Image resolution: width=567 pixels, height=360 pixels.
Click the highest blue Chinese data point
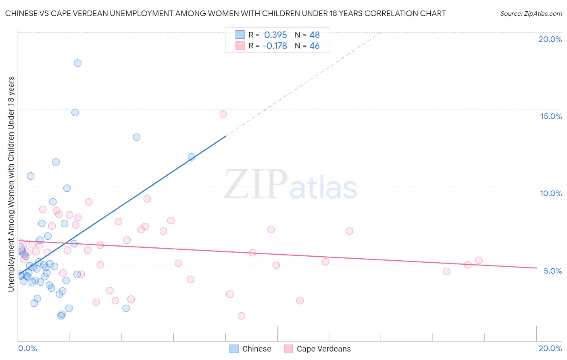pos(77,63)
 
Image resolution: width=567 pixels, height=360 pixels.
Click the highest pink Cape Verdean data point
pos(223,114)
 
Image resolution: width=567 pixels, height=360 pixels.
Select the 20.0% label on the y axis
pos(550,39)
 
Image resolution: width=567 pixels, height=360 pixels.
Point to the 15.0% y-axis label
pos(551,116)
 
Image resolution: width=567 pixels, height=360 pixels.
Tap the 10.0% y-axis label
pos(551,193)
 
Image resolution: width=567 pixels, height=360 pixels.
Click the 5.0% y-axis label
pos(552,271)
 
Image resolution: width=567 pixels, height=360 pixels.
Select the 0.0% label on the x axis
pos(27,348)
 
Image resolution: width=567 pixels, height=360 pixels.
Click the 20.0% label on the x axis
pos(550,348)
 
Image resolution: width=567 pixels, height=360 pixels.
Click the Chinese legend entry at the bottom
pos(256,349)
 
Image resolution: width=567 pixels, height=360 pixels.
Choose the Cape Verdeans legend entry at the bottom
pos(323,349)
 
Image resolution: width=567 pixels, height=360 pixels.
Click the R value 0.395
pos(275,35)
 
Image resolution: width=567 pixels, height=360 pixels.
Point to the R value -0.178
pos(275,46)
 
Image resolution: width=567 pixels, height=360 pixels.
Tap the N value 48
pos(315,35)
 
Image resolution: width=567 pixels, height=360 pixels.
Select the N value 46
pos(315,46)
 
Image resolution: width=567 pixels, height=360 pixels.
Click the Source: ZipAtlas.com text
pos(531,14)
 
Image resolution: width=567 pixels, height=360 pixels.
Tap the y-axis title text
pos(11,184)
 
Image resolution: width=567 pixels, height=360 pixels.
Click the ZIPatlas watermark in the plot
pos(290,185)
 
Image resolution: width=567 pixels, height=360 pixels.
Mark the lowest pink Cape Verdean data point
pos(241,316)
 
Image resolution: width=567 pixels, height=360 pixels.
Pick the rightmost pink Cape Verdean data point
pos(479,260)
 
